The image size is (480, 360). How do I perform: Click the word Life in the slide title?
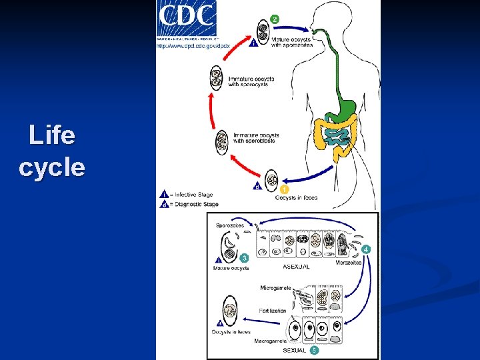coord(52,136)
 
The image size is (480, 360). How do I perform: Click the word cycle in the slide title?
coord(52,167)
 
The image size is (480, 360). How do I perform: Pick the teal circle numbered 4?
coord(367,249)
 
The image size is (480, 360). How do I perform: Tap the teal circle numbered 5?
coord(314,349)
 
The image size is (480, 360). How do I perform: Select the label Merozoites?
coord(349,263)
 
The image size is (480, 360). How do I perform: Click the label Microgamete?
coord(275,288)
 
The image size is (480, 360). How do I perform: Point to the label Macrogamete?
coord(270,341)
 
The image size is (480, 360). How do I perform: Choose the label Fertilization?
coord(273,311)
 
